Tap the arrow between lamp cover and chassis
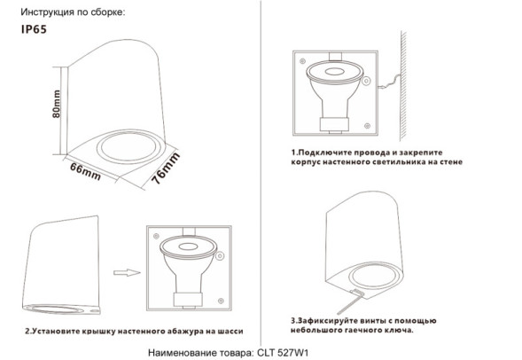(129, 274)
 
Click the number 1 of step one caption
(293, 153)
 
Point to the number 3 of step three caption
(292, 318)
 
